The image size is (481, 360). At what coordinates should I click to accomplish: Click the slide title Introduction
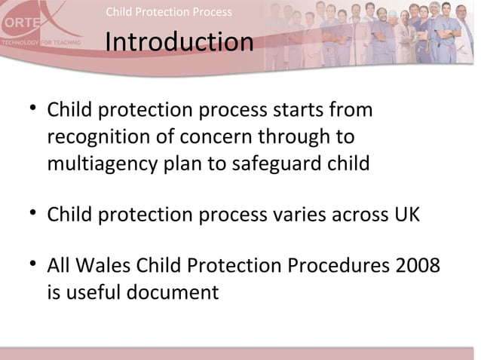(x=179, y=43)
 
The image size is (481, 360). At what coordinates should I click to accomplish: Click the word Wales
(x=104, y=267)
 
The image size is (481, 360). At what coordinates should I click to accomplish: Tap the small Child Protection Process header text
(x=169, y=12)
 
